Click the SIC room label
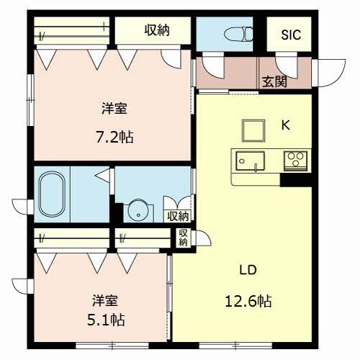tap(291, 35)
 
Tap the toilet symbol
tap(238, 34)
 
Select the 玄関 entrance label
tap(274, 81)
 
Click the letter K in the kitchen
tap(286, 125)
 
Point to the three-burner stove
tap(295, 161)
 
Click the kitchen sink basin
tap(250, 161)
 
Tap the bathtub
tap(52, 194)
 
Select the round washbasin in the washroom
tap(138, 210)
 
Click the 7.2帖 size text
tap(114, 138)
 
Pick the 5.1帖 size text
tap(106, 320)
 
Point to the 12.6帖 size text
tap(248, 301)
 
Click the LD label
tap(248, 270)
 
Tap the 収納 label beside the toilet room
tap(157, 30)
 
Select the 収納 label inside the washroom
tap(178, 216)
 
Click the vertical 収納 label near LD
tap(183, 238)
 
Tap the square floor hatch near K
tap(253, 130)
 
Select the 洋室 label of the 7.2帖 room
tap(114, 108)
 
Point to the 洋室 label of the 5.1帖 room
tap(105, 300)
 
